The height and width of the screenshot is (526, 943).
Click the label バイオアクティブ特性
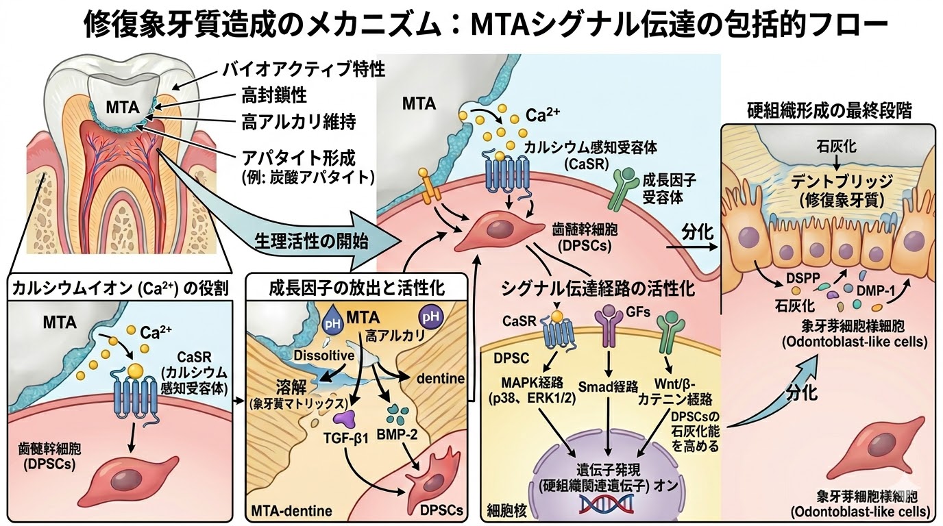point(304,69)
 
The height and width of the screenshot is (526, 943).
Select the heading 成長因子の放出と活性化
point(358,289)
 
